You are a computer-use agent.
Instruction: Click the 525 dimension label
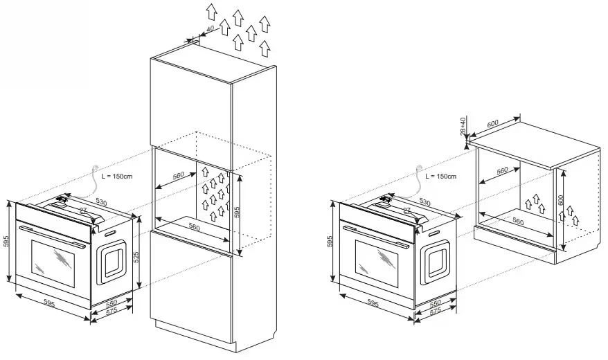point(136,257)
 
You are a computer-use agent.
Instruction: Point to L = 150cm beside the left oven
point(116,176)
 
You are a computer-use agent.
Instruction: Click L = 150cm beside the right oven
point(441,176)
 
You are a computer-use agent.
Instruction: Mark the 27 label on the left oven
point(82,210)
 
